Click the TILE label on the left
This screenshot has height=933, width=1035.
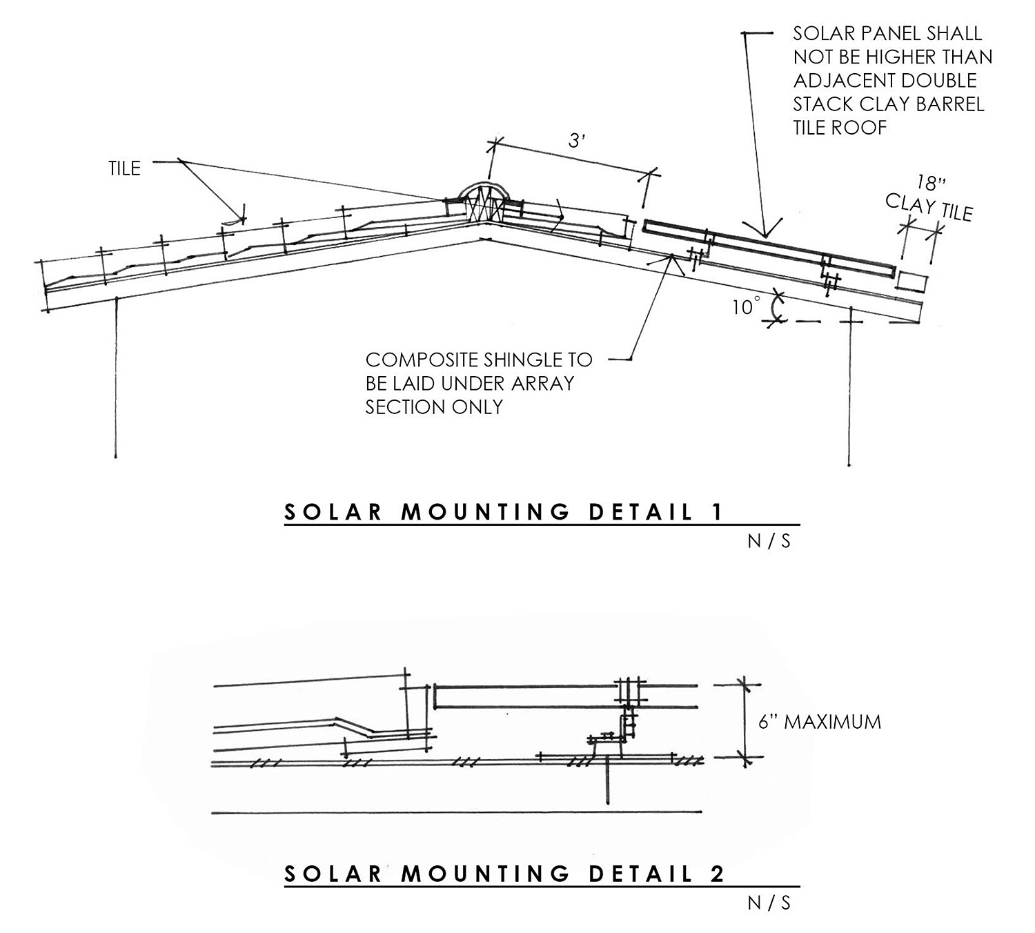(x=124, y=168)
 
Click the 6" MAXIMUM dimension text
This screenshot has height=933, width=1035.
(x=820, y=723)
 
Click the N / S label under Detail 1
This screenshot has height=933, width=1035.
(x=769, y=542)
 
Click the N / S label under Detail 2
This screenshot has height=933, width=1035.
(x=769, y=903)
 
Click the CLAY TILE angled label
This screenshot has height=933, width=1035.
(x=929, y=207)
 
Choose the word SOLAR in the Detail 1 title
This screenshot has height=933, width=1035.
(x=333, y=512)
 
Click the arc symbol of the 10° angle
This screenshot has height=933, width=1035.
(x=778, y=308)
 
